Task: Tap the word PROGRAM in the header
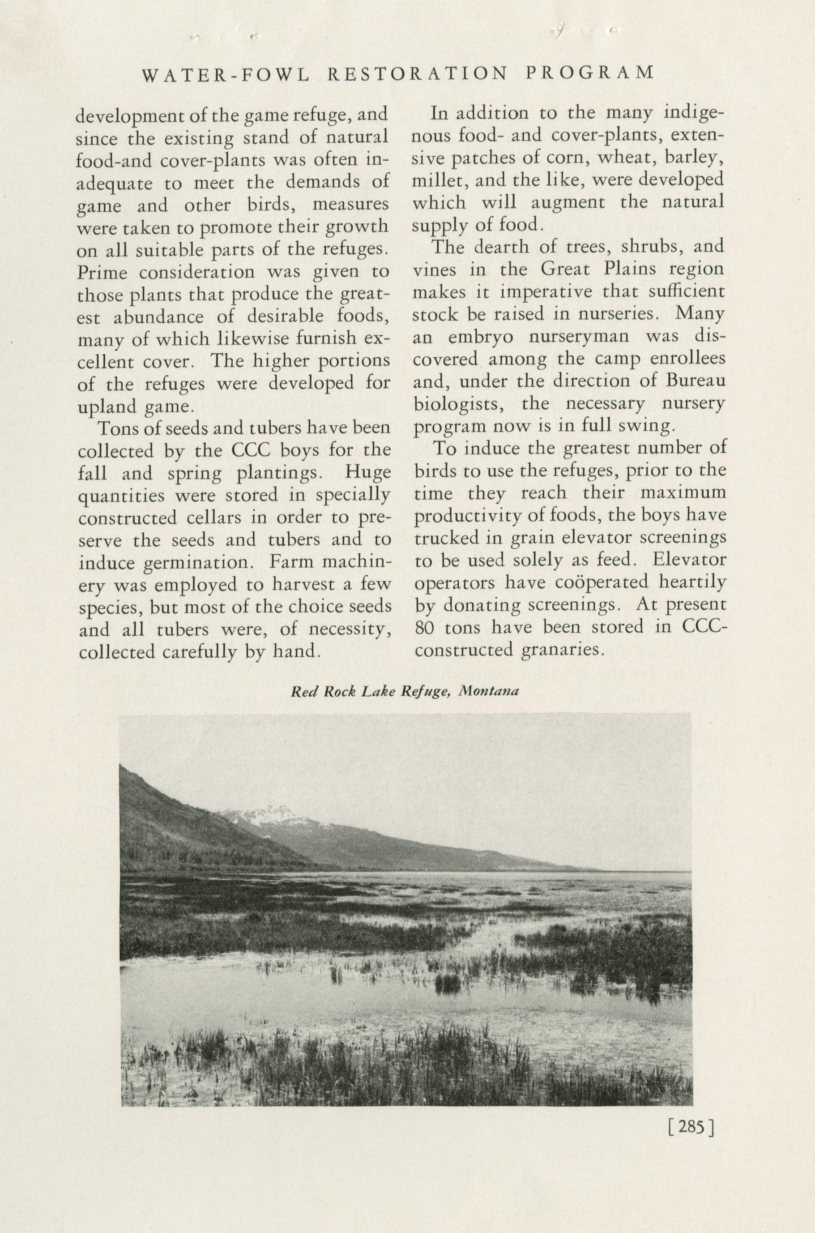pyautogui.click(x=589, y=73)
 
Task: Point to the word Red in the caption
pyautogui.click(x=301, y=692)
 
